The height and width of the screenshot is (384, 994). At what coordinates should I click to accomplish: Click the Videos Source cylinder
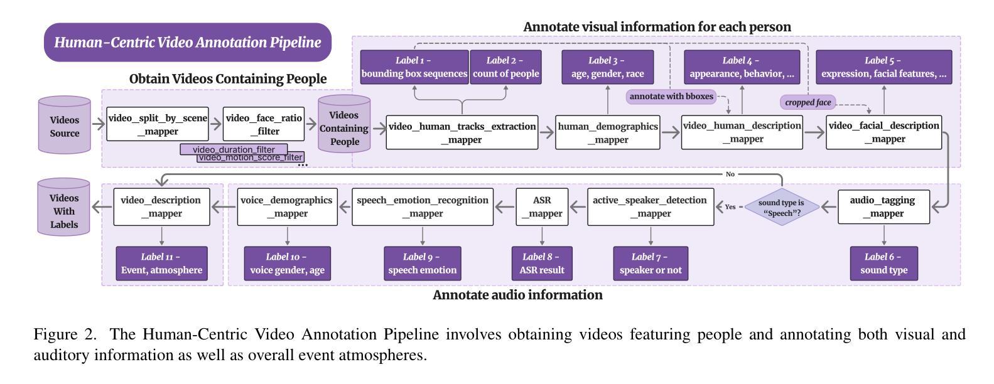point(65,125)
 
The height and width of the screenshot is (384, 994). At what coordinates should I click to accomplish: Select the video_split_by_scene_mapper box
point(158,124)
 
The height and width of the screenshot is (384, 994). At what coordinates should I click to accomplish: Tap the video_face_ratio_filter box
point(264,124)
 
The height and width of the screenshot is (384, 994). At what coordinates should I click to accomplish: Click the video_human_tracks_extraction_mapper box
point(462,132)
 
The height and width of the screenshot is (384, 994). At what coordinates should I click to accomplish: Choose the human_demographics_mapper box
point(608,132)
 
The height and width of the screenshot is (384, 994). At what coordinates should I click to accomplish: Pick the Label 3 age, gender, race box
point(607,67)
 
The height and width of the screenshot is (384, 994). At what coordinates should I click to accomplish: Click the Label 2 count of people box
point(505,67)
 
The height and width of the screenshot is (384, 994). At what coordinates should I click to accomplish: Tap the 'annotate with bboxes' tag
point(671,96)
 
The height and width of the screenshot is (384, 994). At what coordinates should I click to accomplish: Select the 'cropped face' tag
point(808,102)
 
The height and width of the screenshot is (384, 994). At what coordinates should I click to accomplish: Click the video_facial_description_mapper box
point(883,132)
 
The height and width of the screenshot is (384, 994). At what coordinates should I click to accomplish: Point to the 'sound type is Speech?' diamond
point(781,206)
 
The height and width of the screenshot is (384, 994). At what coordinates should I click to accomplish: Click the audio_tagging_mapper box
point(883,206)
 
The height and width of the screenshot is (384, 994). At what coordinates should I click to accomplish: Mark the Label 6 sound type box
point(883,264)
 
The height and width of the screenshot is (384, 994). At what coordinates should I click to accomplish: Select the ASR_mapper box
point(542,206)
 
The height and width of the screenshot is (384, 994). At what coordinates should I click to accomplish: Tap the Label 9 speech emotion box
point(422,264)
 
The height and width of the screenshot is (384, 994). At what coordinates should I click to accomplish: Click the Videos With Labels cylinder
point(65,208)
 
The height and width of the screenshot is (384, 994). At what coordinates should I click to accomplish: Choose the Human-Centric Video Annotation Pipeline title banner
point(187,43)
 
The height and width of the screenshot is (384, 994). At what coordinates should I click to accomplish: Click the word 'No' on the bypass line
point(730,174)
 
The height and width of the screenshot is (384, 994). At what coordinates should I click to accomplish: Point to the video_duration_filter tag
point(234,149)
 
